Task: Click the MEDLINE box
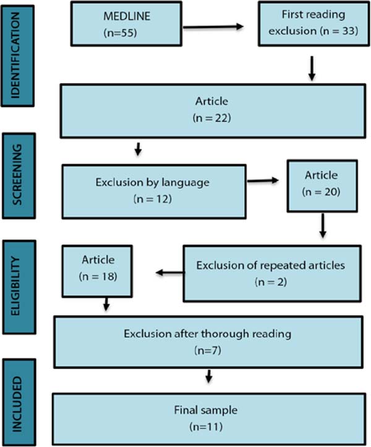[126, 24]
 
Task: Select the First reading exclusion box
[313, 24]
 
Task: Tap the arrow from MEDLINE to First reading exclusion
[213, 27]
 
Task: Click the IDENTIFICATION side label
[18, 56]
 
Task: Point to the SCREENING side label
[19, 176]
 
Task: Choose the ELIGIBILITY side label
[19, 287]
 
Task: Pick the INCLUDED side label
[19, 402]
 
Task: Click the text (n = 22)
[211, 118]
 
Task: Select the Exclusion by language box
[154, 191]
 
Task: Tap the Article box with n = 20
[322, 186]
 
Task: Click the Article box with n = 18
[97, 271]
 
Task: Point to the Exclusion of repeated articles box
[272, 274]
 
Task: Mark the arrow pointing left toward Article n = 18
[170, 272]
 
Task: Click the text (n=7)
[208, 350]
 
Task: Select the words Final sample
[205, 410]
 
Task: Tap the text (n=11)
[206, 427]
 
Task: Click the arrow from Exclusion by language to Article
[263, 180]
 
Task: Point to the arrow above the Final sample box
[209, 376]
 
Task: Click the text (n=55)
[120, 33]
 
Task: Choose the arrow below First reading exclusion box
[312, 68]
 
